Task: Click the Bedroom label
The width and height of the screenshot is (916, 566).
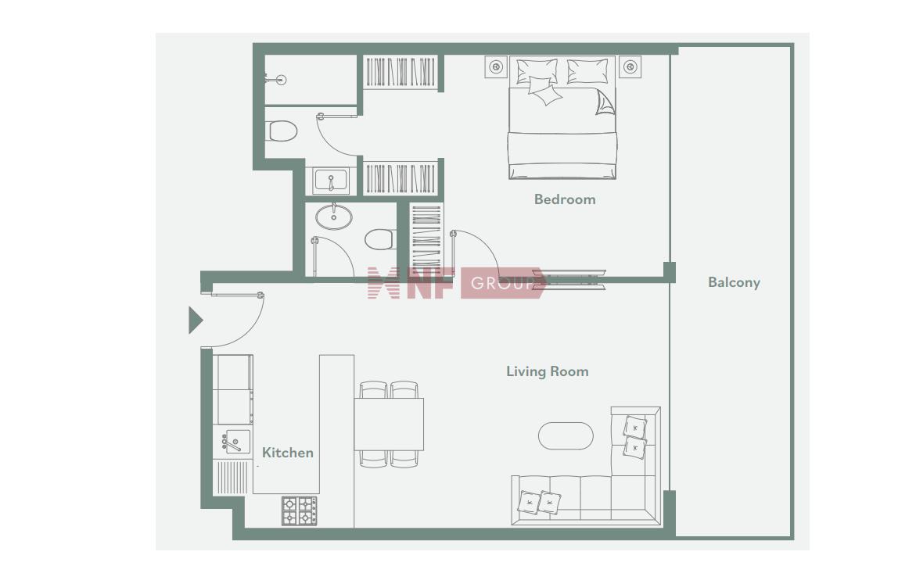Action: [x=565, y=199]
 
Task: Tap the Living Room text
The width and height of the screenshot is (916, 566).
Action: [x=548, y=371]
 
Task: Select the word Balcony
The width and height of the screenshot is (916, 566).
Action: [x=734, y=283]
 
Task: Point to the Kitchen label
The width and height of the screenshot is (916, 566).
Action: [x=287, y=453]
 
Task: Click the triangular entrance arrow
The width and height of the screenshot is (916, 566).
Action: [x=195, y=320]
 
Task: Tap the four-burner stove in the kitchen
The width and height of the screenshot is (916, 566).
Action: [x=300, y=510]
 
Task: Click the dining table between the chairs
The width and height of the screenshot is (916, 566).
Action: [x=389, y=424]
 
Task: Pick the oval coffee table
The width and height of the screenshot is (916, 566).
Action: [x=566, y=435]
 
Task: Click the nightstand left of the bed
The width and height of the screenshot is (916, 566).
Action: [x=496, y=67]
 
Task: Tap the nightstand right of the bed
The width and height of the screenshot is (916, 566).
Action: [x=630, y=67]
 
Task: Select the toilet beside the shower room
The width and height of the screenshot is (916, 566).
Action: [x=282, y=131]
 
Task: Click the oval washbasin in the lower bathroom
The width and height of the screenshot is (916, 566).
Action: [x=333, y=217]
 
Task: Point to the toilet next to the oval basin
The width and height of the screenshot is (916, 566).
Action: [x=380, y=239]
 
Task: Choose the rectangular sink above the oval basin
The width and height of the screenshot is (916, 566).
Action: [x=331, y=181]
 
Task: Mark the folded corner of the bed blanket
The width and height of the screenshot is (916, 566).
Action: [x=605, y=103]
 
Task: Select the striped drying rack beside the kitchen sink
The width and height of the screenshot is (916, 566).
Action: [x=232, y=477]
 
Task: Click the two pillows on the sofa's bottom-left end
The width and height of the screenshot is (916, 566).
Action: [x=539, y=503]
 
